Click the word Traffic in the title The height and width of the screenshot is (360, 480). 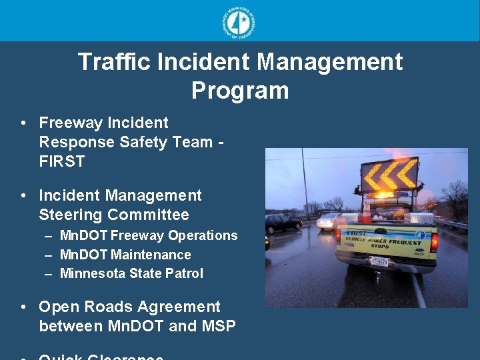pyautogui.click(x=114, y=62)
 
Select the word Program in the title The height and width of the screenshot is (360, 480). pyautogui.click(x=240, y=91)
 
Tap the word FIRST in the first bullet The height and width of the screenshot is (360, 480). pyautogui.click(x=62, y=161)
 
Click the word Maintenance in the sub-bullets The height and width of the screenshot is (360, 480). pyautogui.click(x=152, y=255)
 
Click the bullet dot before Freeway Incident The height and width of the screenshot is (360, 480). pyautogui.click(x=23, y=123)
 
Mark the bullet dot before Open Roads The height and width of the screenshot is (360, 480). pyautogui.click(x=23, y=307)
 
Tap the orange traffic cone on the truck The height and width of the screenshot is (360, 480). pyautogui.click(x=366, y=211)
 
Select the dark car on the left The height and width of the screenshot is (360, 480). pyautogui.click(x=283, y=223)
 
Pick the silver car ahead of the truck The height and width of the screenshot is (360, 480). pyautogui.click(x=326, y=221)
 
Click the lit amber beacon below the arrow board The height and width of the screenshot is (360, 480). pyautogui.click(x=386, y=194)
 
